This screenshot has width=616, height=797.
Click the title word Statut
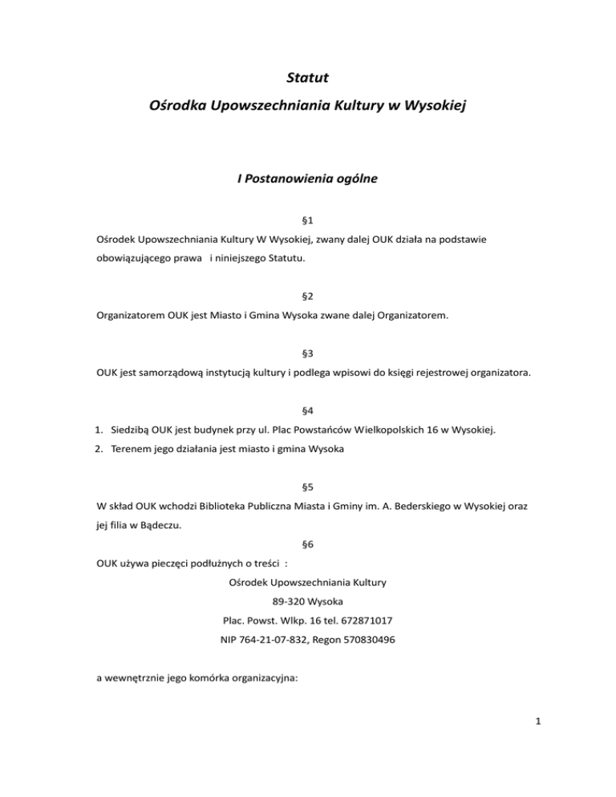point(308,79)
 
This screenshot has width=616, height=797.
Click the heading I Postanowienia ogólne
point(308,180)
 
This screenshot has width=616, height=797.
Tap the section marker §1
point(308,220)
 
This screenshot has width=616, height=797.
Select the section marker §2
point(308,296)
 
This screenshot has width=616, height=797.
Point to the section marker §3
point(308,353)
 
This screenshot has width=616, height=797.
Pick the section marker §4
point(308,410)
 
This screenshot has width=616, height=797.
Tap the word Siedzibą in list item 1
point(131,429)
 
